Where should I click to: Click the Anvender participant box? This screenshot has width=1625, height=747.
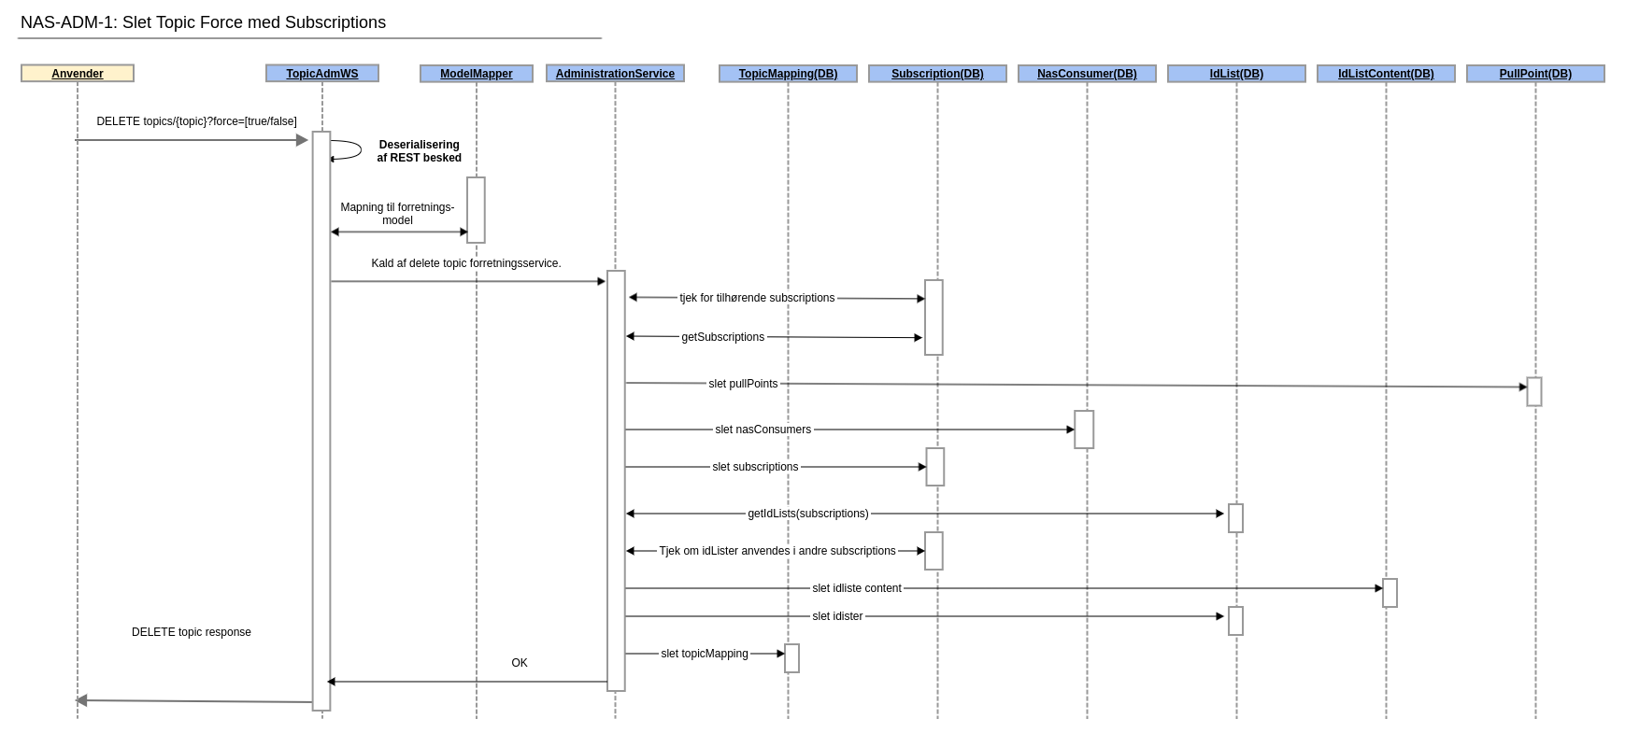78,74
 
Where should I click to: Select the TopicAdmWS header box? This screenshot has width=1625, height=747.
322,74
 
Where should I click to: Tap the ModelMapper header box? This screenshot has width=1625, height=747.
477,74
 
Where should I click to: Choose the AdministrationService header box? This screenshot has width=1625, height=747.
615,74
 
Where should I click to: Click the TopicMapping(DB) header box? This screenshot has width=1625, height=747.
788,74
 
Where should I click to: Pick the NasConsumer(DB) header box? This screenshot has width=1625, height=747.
1087,74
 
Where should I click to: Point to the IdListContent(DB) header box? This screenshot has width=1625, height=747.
1386,74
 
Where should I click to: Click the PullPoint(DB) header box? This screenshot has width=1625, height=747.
1535,74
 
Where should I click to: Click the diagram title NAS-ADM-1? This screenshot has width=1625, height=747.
203,22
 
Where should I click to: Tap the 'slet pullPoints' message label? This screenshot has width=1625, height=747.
743,384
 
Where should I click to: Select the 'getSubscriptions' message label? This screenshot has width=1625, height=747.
722,337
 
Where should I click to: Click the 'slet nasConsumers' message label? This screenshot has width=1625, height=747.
763,430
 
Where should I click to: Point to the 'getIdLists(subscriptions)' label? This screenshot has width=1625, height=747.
807,514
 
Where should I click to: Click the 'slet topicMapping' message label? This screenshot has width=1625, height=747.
704,654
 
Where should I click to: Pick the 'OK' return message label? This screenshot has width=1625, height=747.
520,663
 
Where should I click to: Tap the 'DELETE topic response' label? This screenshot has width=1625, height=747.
192,632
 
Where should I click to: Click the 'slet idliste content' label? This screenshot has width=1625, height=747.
856,588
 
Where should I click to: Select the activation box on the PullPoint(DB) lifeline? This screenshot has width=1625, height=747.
1534,392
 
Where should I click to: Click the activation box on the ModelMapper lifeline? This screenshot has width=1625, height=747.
476,210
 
